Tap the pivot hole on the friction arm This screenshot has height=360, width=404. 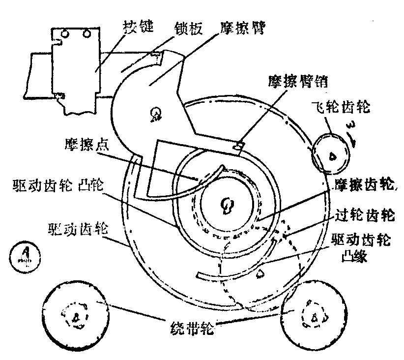(155, 115)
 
